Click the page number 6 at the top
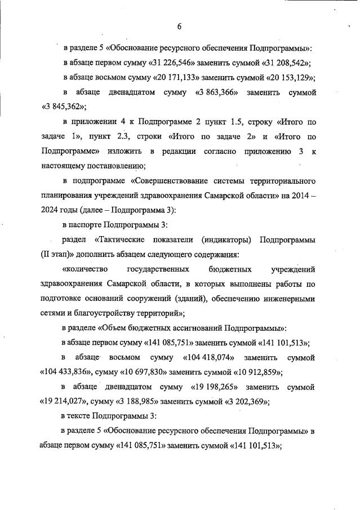179,26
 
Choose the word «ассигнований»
186,327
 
